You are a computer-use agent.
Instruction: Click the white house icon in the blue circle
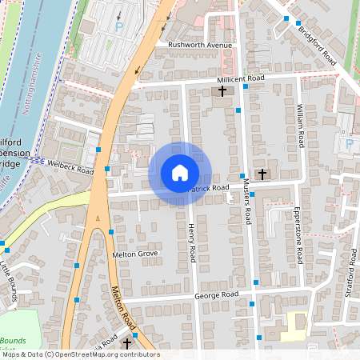[x=180, y=173]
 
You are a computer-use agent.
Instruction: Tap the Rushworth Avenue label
[x=199, y=45]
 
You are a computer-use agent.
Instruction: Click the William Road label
[x=301, y=125]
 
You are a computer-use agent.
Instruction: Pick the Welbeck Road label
[x=70, y=166]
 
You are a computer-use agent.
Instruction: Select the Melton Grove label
[x=135, y=254]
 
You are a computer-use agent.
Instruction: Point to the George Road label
[x=216, y=295]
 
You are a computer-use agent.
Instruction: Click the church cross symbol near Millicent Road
[x=222, y=92]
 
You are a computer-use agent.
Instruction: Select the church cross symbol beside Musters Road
[x=262, y=174]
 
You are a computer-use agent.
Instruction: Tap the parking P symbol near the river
[x=120, y=26]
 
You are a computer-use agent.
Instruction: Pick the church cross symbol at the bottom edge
[x=126, y=343]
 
